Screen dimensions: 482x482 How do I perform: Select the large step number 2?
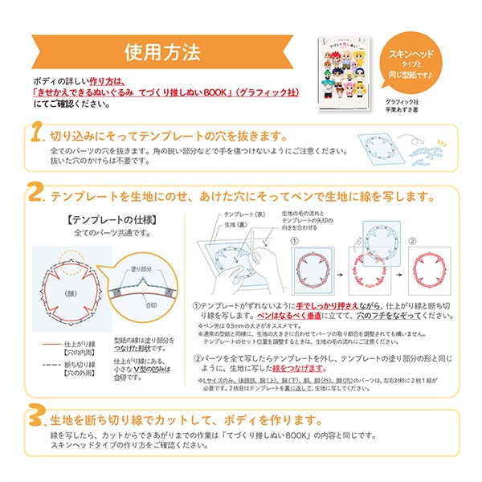pos(35,194)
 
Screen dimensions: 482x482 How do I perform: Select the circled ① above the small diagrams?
pos(295,241)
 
